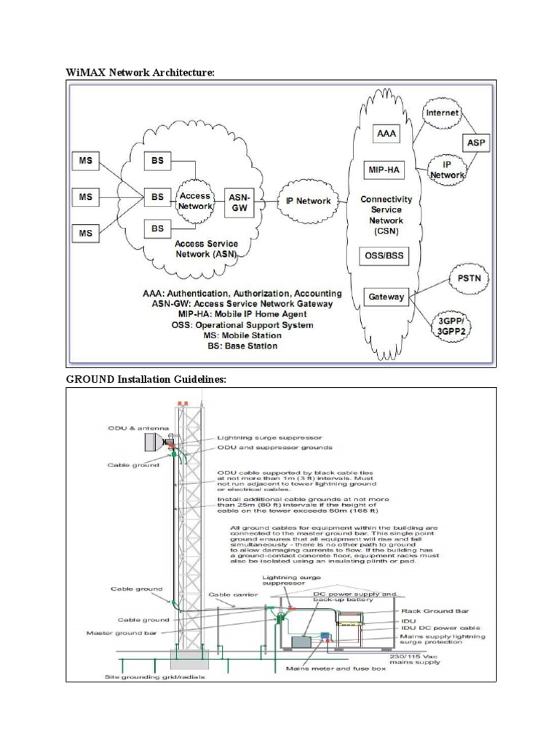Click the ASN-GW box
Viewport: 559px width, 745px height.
[239, 202]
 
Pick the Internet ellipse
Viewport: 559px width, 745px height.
[443, 113]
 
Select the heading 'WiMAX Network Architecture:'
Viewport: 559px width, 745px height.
[141, 73]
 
